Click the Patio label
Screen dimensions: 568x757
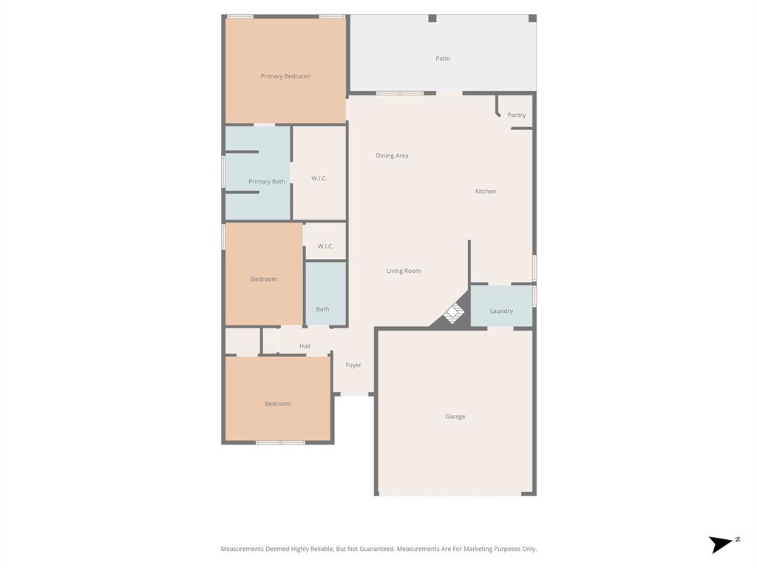coord(443,58)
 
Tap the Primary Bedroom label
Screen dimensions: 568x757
coord(285,76)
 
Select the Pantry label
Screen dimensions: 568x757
coord(517,115)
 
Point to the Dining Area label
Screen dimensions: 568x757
coord(392,155)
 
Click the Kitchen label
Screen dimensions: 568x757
coord(486,192)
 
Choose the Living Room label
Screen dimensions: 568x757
coord(404,271)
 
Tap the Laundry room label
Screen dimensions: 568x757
coord(501,311)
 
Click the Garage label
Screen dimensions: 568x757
coord(455,416)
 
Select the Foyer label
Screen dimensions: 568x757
coord(353,365)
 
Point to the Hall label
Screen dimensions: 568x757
coord(305,346)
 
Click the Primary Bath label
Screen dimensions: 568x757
coord(266,181)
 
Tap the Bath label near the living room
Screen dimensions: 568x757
coord(322,309)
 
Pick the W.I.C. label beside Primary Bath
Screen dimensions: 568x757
coord(319,178)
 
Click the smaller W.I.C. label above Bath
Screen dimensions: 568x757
coord(325,246)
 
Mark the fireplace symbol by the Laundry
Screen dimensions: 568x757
coord(453,314)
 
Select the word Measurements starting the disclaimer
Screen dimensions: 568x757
coord(242,549)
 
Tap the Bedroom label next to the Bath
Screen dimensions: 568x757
coord(264,279)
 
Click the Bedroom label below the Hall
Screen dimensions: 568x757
coord(278,404)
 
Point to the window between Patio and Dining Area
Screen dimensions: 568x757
coord(400,93)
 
